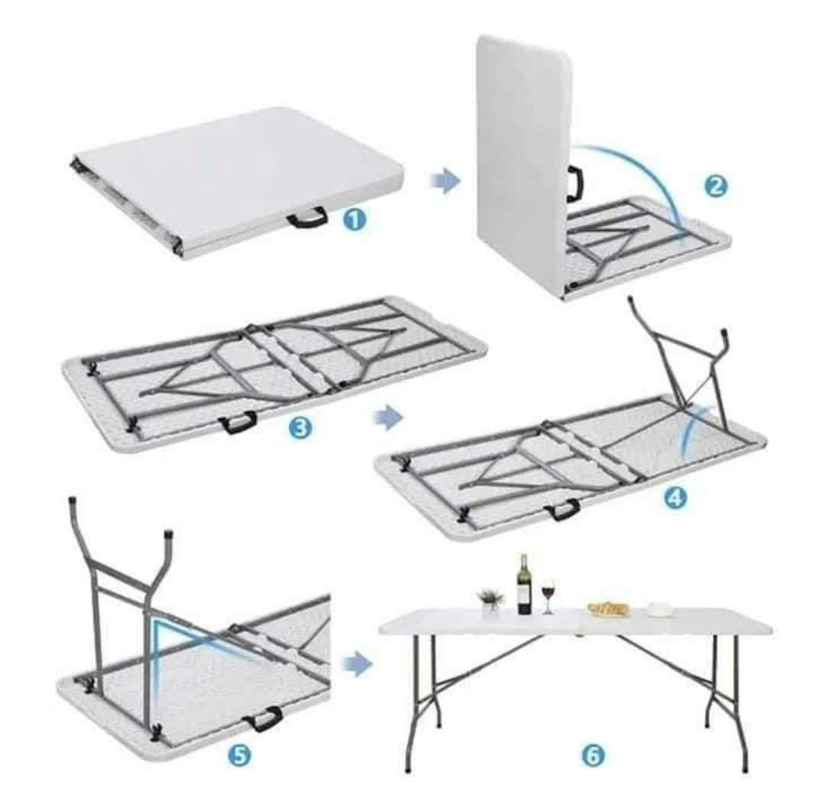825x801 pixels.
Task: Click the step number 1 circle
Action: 354,219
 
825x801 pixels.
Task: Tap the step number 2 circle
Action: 716,186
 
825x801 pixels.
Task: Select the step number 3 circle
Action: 300,428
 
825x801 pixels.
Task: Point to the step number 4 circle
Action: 675,496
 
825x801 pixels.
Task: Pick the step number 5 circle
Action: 239,756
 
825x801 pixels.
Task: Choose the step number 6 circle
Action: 593,756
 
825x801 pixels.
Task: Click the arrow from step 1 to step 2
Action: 445,181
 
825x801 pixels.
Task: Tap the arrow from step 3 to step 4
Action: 388,417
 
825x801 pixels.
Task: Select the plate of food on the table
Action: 609,609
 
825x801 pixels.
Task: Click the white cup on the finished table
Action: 659,609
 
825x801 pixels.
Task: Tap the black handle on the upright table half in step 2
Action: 575,184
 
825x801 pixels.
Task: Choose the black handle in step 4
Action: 562,510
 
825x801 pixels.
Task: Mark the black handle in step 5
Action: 263,719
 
